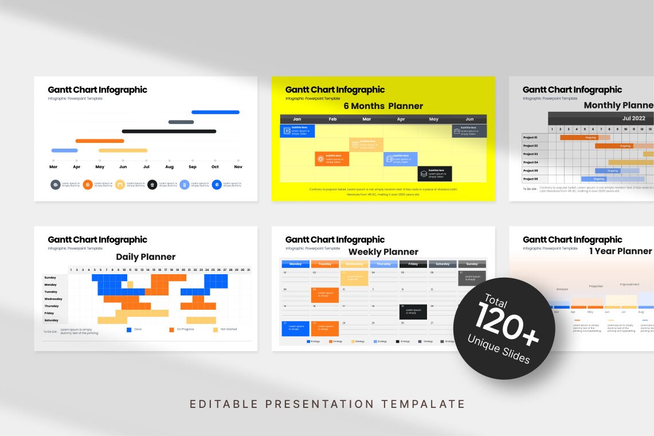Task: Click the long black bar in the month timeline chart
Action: click(x=169, y=131)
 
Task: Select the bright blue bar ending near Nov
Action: click(x=215, y=112)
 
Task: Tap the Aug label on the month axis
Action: click(x=169, y=167)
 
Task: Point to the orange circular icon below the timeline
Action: click(x=88, y=185)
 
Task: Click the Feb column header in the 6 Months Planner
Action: click(x=332, y=119)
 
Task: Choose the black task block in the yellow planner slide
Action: click(x=434, y=174)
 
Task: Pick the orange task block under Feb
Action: click(x=331, y=159)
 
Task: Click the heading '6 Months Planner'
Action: click(x=383, y=106)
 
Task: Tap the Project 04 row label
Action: click(x=530, y=162)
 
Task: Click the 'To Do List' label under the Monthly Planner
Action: click(x=530, y=189)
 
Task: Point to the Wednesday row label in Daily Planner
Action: click(x=53, y=299)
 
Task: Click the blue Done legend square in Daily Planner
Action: click(x=129, y=329)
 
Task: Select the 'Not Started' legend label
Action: click(x=229, y=329)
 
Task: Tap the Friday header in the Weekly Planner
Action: click(x=413, y=264)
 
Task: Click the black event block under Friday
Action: click(x=413, y=312)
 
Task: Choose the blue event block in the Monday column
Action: click(x=296, y=329)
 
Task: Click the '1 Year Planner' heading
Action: click(x=620, y=251)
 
